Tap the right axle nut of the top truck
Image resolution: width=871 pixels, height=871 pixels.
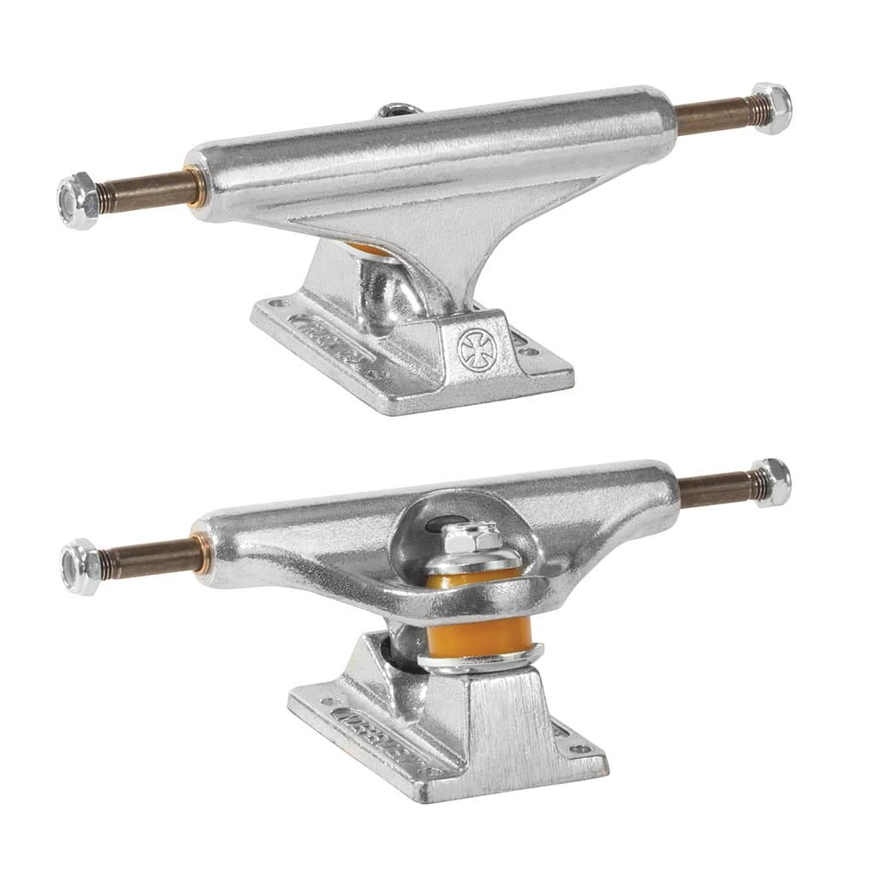coord(771,108)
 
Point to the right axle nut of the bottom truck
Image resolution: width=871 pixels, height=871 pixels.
coord(771,481)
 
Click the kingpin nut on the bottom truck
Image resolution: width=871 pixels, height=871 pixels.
coord(462,538)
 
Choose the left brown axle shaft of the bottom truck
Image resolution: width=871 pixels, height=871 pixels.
coord(150,558)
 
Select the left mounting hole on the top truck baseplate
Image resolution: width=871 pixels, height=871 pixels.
coord(274,301)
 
